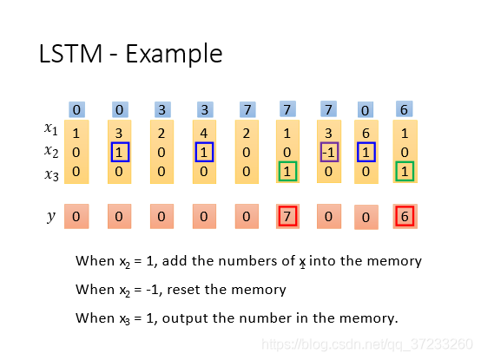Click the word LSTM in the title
(70, 54)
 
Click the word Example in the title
(174, 55)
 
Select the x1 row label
(51, 128)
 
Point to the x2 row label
(51, 151)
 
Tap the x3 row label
(51, 174)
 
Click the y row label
(51, 217)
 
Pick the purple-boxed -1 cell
(329, 152)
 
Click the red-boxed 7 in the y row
(287, 216)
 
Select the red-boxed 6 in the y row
(405, 216)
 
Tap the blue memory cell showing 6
(405, 109)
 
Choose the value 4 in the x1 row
(204, 133)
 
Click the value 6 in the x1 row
(366, 133)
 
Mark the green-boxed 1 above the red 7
(287, 171)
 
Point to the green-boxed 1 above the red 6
(405, 171)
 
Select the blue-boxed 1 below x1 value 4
(204, 152)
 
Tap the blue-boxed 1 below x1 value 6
(366, 152)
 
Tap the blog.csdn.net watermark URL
(367, 344)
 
